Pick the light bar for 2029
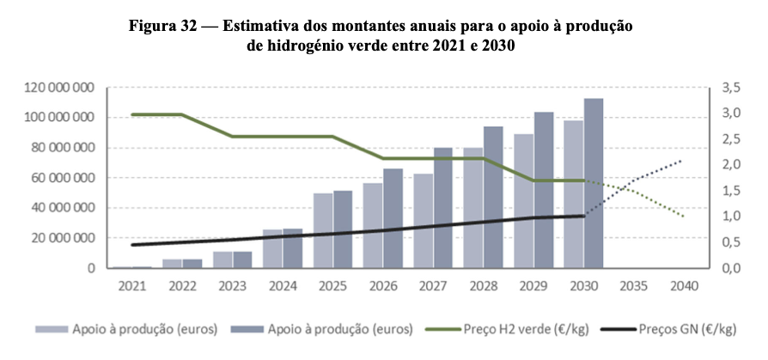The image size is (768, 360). click(523, 201)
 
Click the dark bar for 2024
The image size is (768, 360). click(293, 248)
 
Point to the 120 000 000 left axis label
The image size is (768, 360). click(59, 88)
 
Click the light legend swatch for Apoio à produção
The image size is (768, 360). click(52, 329)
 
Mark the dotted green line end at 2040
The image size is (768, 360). click(684, 217)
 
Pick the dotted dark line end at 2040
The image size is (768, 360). click(684, 160)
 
